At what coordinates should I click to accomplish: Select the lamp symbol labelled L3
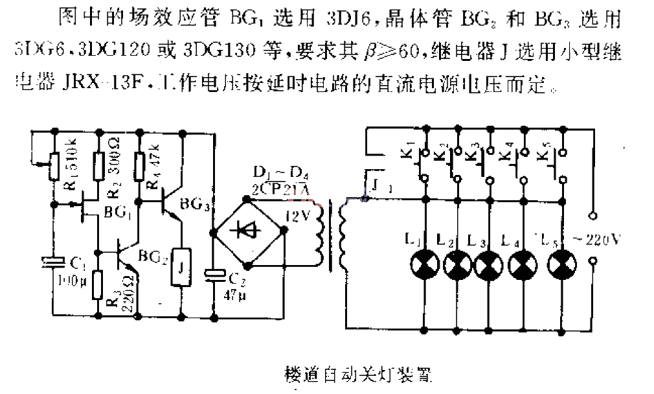pyautogui.click(x=489, y=264)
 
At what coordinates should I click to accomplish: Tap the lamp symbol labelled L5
pyautogui.click(x=560, y=264)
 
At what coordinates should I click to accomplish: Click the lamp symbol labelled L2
pyautogui.click(x=457, y=264)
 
